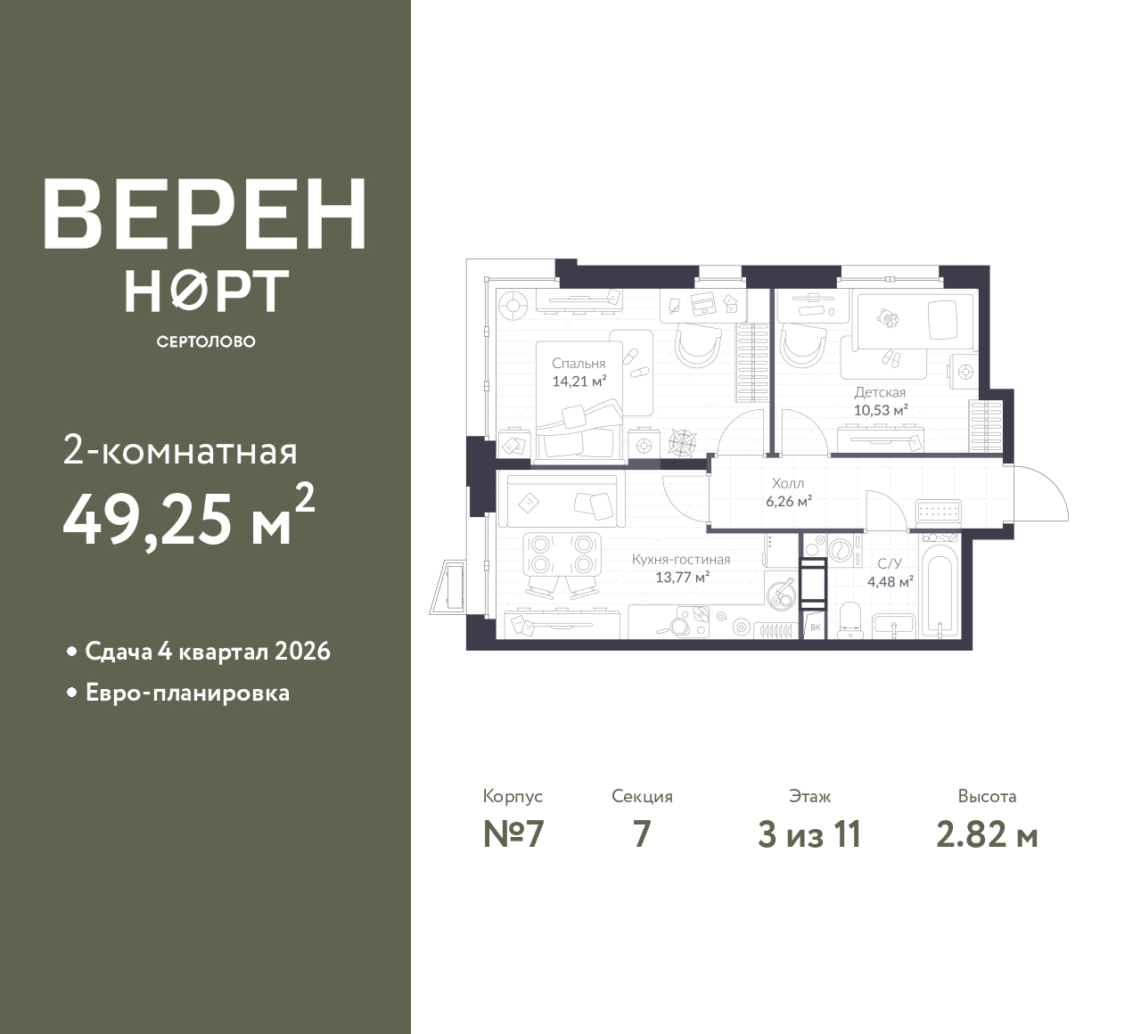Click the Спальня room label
[579, 364]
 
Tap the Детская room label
[880, 392]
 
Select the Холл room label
[788, 483]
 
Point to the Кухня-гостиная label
[681, 560]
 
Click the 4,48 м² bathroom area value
[891, 581]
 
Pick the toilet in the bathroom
[851, 620]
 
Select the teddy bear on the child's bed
[887, 318]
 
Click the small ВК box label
[815, 628]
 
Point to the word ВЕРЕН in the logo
[205, 214]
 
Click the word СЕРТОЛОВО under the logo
[206, 341]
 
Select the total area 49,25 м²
[189, 516]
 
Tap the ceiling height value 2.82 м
[987, 835]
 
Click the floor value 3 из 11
[809, 835]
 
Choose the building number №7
[513, 835]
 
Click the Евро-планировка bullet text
[188, 693]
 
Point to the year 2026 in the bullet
[302, 652]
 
